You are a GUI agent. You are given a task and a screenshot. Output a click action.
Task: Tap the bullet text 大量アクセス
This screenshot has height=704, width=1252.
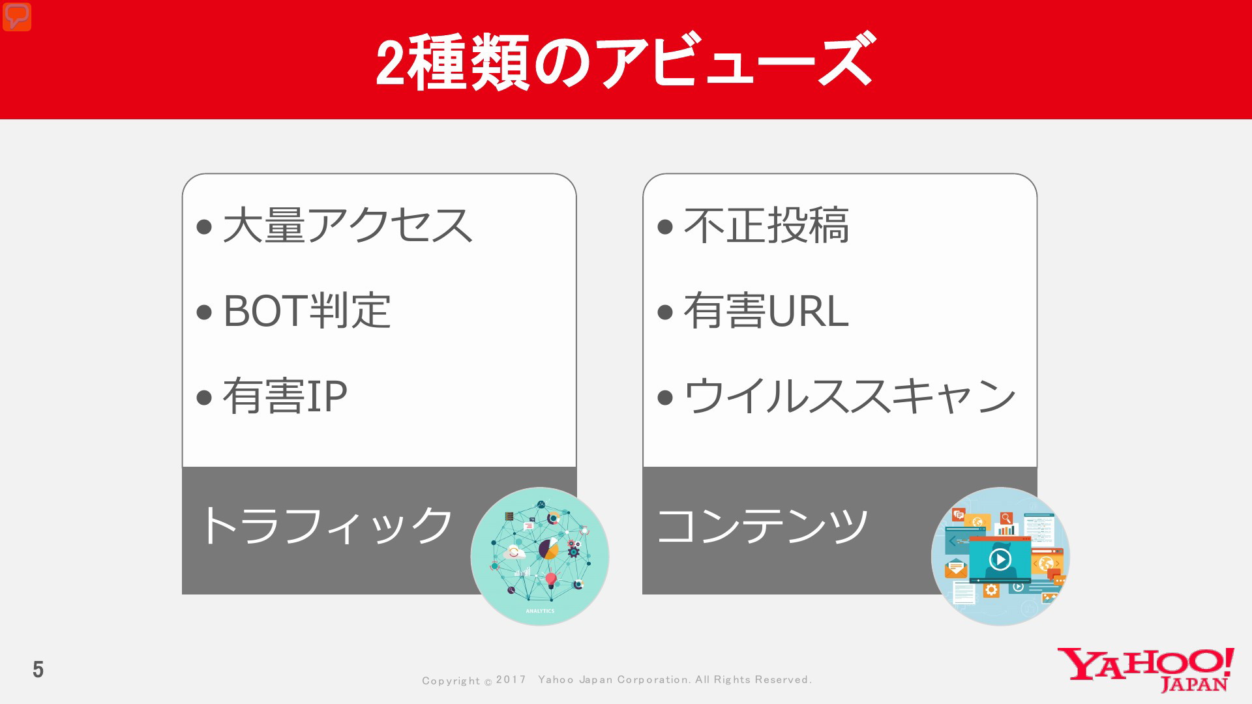coord(348,226)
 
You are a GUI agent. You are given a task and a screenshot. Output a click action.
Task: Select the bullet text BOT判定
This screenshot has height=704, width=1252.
coord(306,310)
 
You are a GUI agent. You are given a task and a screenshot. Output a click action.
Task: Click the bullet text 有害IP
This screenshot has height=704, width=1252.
coord(285,396)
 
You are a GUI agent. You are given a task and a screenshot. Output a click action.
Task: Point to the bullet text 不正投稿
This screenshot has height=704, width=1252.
coord(766,226)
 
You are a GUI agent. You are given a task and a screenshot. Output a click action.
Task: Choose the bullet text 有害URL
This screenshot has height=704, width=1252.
coord(766,310)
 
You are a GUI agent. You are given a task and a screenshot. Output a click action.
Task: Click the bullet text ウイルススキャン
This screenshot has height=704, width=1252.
coord(850,396)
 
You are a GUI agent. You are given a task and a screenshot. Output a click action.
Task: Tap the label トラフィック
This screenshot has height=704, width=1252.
coord(326,525)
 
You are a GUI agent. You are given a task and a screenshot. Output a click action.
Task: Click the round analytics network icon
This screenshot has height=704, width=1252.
coord(540,556)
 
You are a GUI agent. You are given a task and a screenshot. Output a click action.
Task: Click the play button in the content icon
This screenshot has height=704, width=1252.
coord(1000,559)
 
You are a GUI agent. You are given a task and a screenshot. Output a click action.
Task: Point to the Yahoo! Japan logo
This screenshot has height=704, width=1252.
coord(1146,669)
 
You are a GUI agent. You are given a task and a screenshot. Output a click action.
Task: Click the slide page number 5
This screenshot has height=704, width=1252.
coord(38,669)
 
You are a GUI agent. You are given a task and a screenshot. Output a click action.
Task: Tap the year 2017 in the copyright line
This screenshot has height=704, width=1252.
coord(511,680)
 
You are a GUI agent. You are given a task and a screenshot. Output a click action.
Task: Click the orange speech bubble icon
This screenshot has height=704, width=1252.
coord(17,17)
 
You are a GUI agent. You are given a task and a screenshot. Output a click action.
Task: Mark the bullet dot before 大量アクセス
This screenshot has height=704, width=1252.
coord(204,227)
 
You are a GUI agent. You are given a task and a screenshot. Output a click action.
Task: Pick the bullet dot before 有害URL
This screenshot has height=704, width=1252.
coord(665,312)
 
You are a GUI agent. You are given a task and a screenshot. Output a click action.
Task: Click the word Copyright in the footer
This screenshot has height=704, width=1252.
coord(451,681)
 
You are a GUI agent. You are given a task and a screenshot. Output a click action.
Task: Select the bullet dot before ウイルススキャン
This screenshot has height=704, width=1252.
coord(665,397)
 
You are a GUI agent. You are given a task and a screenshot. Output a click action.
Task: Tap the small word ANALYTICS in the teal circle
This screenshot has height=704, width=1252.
coord(540,611)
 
